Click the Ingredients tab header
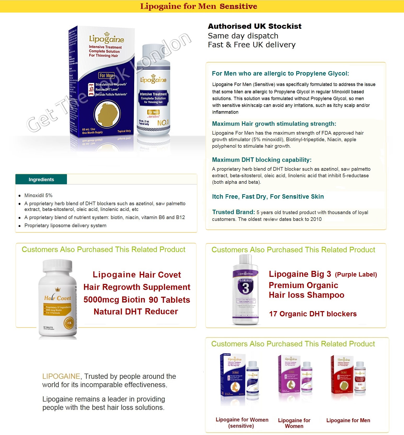pos(41,180)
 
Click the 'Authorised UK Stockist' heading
pos(254,26)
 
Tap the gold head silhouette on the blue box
pos(107,114)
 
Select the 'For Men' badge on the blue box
pos(106,76)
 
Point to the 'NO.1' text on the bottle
pos(163,123)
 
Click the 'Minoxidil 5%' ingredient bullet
pos(38,196)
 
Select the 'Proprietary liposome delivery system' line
pos(65,226)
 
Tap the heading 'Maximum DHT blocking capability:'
pos(262,160)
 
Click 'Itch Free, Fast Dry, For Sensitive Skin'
pos(268,197)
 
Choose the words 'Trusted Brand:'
pos(233,212)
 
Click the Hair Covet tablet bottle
pos(58,298)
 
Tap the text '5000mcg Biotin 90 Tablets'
pos(137,300)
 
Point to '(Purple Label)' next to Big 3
pos(356,274)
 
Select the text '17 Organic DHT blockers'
pos(313,314)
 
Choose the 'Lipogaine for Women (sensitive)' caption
pos(242,423)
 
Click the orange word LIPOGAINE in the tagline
pos(61,376)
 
